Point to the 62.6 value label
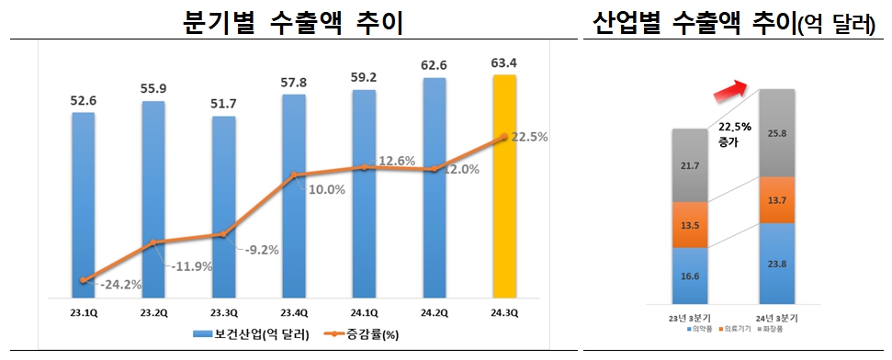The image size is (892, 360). point(435,65)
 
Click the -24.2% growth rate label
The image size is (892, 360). point(119,285)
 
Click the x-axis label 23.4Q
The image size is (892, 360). point(294,312)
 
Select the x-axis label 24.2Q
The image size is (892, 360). point(435,312)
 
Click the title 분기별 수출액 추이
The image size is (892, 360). point(292,20)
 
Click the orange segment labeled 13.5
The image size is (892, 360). point(690,225)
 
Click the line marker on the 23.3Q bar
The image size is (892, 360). point(223,235)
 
